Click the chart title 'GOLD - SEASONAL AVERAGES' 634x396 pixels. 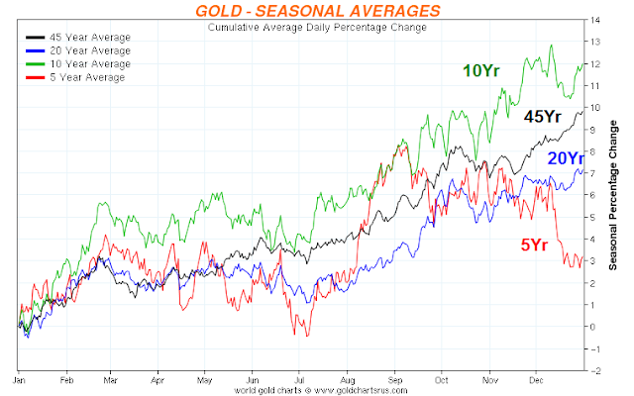(x=317, y=11)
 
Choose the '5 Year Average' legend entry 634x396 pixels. (x=74, y=77)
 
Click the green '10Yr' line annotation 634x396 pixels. (x=481, y=70)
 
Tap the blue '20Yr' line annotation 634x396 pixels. (x=567, y=159)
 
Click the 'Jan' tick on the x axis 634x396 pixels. (x=19, y=379)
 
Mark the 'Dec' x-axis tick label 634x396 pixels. (x=536, y=379)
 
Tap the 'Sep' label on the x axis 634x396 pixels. (x=395, y=379)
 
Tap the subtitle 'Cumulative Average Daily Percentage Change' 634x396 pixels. (x=318, y=28)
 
